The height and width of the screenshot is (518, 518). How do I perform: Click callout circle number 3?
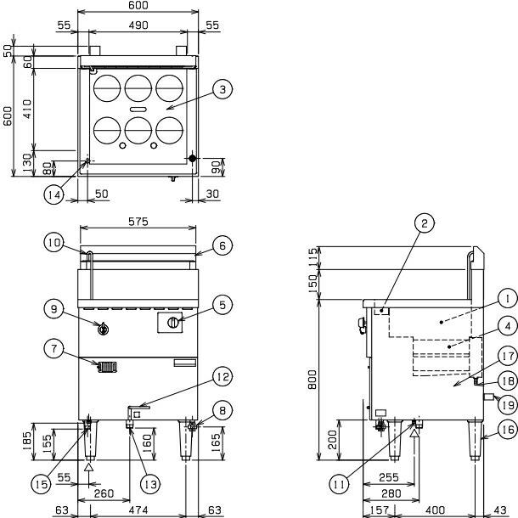pyautogui.click(x=222, y=89)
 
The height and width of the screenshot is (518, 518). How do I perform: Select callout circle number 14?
pyautogui.click(x=53, y=194)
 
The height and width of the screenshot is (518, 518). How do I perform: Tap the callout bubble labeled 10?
pyautogui.click(x=53, y=243)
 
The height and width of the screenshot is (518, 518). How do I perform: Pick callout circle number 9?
pyautogui.click(x=53, y=309)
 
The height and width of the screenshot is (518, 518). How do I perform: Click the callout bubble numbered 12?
pyautogui.click(x=222, y=376)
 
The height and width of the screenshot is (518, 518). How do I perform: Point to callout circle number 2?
pyautogui.click(x=425, y=223)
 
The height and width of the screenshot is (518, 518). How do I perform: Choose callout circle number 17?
pyautogui.click(x=508, y=356)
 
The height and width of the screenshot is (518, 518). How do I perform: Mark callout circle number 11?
pyautogui.click(x=340, y=484)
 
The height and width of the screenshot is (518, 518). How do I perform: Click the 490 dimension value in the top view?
pyautogui.click(x=138, y=25)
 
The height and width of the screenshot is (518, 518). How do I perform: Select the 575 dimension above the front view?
pyautogui.click(x=138, y=222)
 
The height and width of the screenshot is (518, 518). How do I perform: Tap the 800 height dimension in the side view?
pyautogui.click(x=312, y=380)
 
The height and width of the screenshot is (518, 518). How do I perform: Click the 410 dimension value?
pyautogui.click(x=27, y=109)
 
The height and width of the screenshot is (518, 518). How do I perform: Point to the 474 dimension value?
pyautogui.click(x=138, y=510)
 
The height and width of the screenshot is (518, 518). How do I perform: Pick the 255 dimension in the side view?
pyautogui.click(x=389, y=477)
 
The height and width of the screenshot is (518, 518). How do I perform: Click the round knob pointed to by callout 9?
pyautogui.click(x=104, y=329)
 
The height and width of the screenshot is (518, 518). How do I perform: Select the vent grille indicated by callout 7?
pyautogui.click(x=107, y=368)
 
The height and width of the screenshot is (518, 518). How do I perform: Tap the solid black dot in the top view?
pyautogui.click(x=192, y=159)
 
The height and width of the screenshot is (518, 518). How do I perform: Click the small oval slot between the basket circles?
pyautogui.click(x=138, y=110)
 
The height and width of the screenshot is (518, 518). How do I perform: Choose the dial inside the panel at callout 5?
pyautogui.click(x=172, y=322)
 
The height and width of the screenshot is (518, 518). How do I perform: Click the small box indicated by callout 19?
pyautogui.click(x=488, y=397)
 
